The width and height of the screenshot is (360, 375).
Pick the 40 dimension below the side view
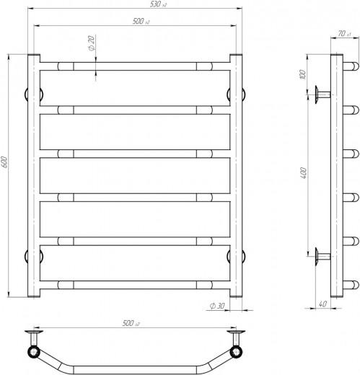(322, 304)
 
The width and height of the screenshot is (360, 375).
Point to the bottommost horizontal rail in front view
(133, 283)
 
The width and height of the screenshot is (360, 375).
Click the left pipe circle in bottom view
(32, 351)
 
